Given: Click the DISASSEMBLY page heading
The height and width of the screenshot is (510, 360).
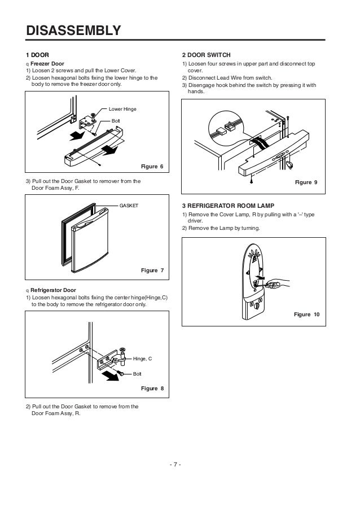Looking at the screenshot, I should (73, 30).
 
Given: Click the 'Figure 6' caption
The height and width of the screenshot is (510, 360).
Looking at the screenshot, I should (152, 167).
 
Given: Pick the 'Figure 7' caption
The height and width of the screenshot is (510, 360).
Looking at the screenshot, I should (152, 271).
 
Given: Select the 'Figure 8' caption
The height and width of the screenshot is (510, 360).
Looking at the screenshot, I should (152, 389).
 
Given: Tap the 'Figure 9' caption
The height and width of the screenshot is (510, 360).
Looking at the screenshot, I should (308, 183).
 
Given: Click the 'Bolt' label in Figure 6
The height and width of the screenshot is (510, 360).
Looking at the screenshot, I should (116, 121).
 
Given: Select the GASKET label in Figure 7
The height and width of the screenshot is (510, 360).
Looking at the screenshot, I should (129, 206).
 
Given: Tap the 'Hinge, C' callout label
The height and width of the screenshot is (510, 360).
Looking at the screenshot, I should (143, 359).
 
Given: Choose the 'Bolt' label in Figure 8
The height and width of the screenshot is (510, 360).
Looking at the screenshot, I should (137, 374).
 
